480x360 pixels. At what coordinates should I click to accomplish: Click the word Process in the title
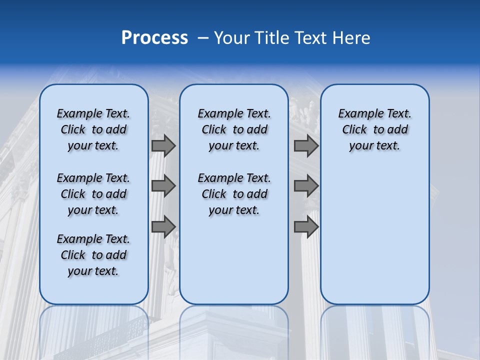coord(154,37)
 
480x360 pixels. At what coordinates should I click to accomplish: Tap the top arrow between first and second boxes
coord(163,145)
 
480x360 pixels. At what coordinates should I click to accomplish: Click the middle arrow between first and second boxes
coord(163,186)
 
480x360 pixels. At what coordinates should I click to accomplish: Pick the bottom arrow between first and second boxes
coord(163,227)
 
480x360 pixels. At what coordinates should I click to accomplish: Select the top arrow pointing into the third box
coord(306,145)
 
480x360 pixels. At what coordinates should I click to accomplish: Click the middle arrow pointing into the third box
coord(306,186)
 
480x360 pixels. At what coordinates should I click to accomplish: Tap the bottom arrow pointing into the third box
coord(306,227)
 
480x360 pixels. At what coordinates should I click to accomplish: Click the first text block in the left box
coord(93,129)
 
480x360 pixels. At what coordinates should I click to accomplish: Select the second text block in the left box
coord(93,194)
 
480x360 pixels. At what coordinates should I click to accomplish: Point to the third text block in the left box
coord(93,255)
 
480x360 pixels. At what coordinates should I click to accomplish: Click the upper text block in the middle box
coord(234,129)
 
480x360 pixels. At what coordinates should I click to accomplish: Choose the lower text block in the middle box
coord(234,194)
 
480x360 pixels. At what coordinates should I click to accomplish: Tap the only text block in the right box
coord(374,129)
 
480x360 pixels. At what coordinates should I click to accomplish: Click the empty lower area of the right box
coord(374,235)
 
